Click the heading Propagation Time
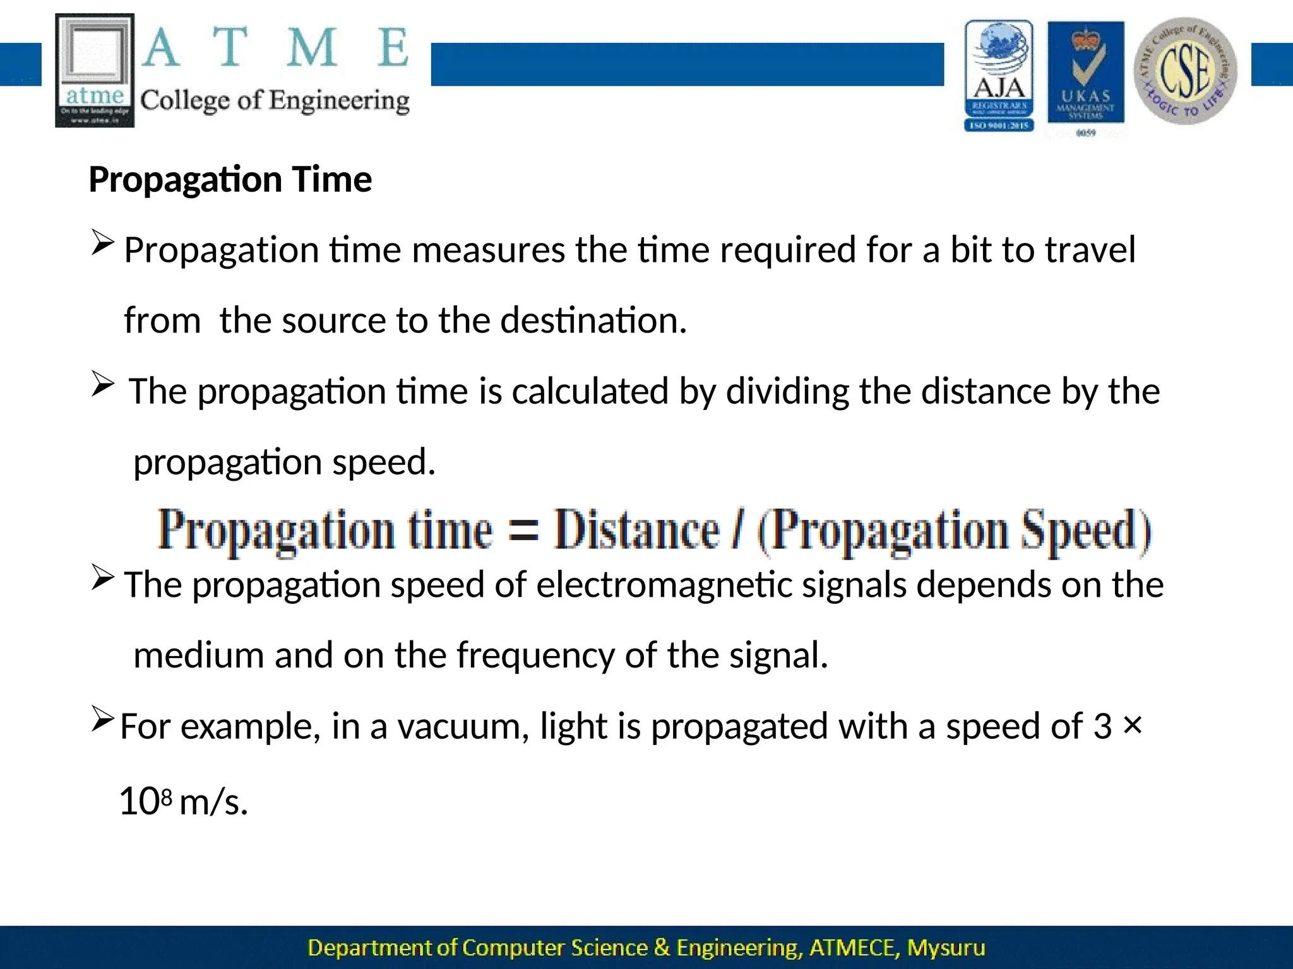(x=230, y=180)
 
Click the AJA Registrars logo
(x=999, y=76)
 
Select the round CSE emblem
(x=1185, y=71)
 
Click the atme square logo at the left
(x=95, y=70)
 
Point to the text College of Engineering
(x=275, y=101)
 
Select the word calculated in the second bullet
(x=590, y=391)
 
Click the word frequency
(x=535, y=656)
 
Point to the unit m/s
(x=213, y=803)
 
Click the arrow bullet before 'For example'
(x=102, y=719)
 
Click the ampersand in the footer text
(x=662, y=948)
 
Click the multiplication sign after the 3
(x=1133, y=725)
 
